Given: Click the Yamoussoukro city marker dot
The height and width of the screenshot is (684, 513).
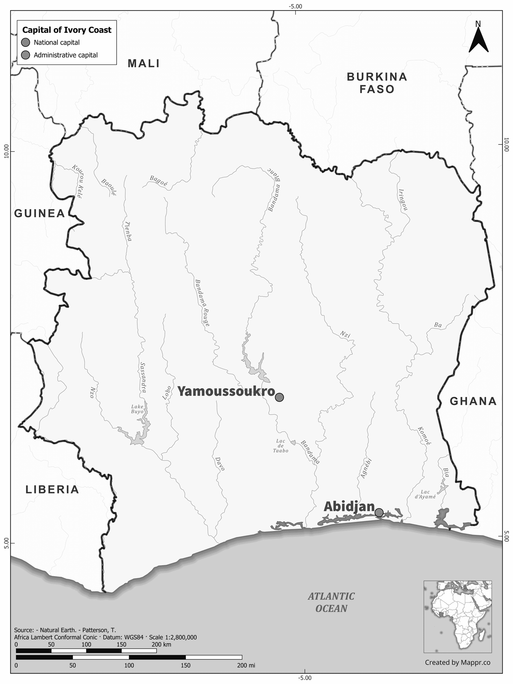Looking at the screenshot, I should coord(279,397).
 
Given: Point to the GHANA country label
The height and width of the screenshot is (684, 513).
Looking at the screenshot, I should coord(473,401).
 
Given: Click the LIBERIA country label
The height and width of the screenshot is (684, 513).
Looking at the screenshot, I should coord(52,489).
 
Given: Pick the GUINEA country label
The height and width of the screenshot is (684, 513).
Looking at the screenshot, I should coord(40,213).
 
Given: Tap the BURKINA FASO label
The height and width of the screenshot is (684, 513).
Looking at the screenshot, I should coord(377,83).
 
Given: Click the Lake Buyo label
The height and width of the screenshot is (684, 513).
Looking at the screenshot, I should coord(137,409).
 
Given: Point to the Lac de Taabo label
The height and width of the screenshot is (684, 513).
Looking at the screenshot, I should coord(281,446).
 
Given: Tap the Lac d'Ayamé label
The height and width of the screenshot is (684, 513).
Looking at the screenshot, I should coord(425,494).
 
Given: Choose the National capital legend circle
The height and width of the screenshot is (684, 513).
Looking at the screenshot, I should coord(26,43).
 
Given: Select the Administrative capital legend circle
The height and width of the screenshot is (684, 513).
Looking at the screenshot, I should coord(26,55).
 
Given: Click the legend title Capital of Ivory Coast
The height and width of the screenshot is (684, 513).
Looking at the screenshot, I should coord(67,30).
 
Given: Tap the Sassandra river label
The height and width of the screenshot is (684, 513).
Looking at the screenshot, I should coord(143,377).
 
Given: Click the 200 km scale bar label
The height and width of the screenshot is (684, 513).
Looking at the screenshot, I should coord(161,642).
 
